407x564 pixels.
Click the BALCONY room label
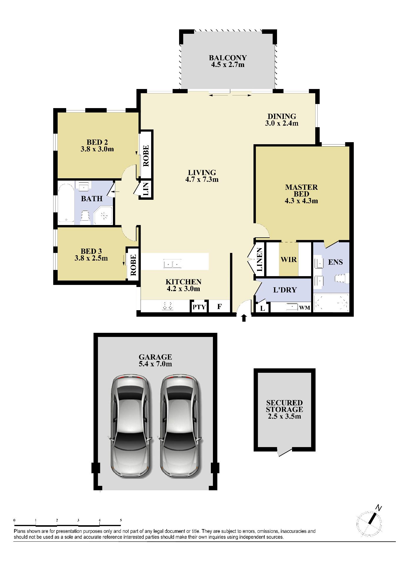tap(228, 58)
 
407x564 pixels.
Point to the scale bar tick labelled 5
tap(121, 520)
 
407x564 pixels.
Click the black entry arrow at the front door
tap(243, 318)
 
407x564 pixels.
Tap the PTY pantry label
tap(199, 307)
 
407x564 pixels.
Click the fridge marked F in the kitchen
tap(219, 307)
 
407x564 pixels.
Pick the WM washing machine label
tap(305, 308)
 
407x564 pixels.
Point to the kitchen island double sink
tap(173, 264)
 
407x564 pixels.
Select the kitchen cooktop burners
tap(168, 306)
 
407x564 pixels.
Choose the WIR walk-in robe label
tap(288, 260)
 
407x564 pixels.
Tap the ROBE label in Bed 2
tap(146, 156)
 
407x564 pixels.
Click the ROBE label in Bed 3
tap(133, 265)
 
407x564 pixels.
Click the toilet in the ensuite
tap(341, 278)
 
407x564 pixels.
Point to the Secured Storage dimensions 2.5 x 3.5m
tap(285, 417)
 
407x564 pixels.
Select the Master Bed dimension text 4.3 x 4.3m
tap(301, 201)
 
